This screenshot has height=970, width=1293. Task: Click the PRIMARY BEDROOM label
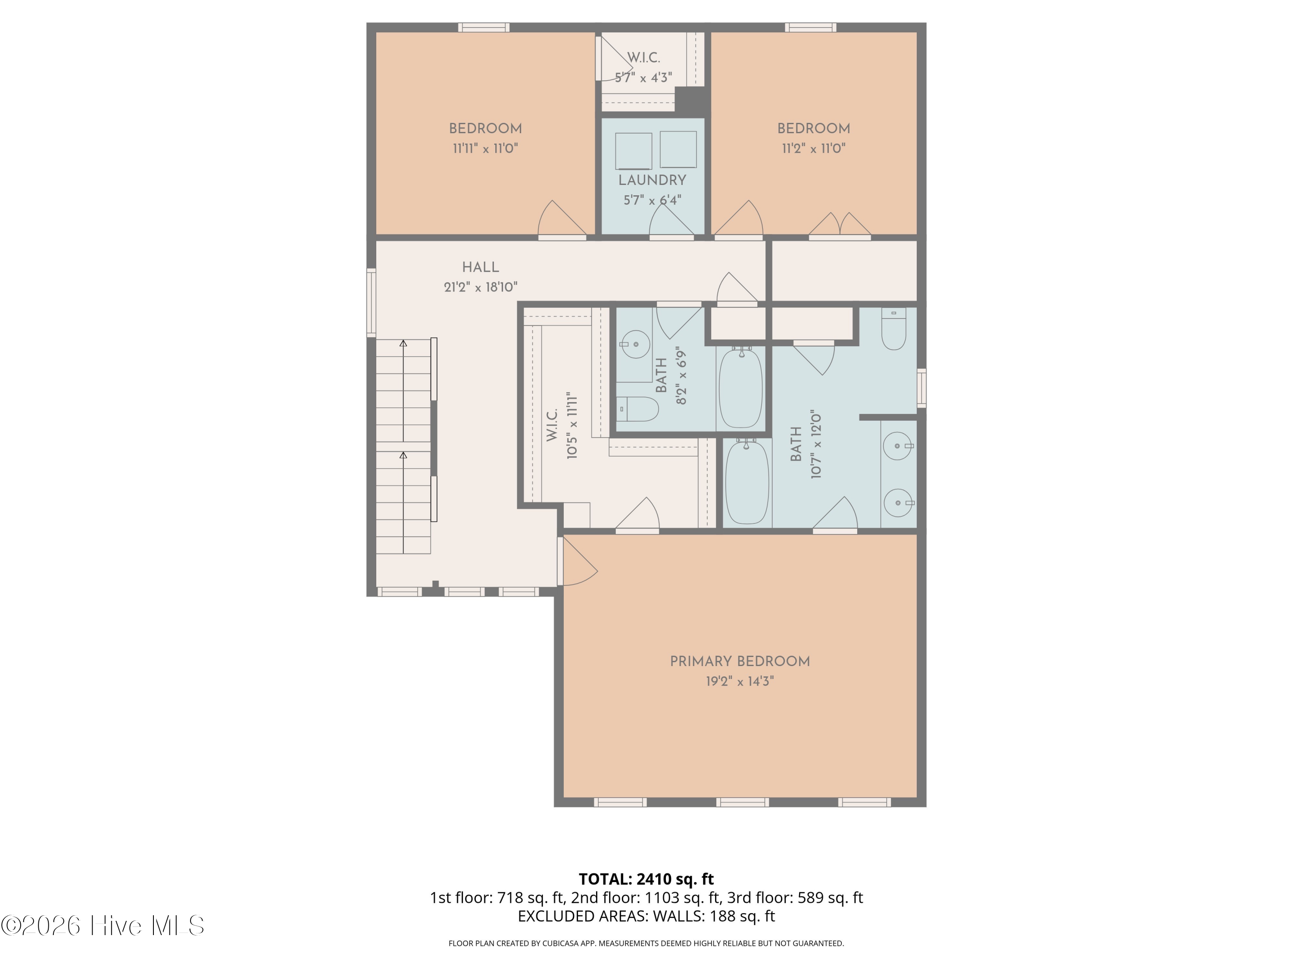[x=740, y=661]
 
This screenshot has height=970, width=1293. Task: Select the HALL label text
[x=481, y=267]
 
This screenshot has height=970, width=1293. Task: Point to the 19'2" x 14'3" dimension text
[x=740, y=681]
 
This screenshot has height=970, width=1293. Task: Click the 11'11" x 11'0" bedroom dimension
[x=485, y=148]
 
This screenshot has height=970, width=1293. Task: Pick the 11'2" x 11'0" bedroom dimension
[x=814, y=148]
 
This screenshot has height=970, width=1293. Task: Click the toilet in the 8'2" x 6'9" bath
[x=638, y=409]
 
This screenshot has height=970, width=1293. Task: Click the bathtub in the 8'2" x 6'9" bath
[x=740, y=387]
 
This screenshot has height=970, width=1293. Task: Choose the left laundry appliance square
[x=634, y=151]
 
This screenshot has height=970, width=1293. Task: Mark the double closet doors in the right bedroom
[x=840, y=225]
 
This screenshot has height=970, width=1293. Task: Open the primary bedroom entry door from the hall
[x=578, y=561]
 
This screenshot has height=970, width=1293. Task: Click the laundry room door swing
[x=671, y=220]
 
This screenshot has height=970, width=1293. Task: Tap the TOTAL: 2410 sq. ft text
[x=646, y=879]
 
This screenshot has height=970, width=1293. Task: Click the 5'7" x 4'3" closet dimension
[x=643, y=78]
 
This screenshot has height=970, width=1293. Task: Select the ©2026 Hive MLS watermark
[x=103, y=925]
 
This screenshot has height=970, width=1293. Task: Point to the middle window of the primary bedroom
[x=742, y=802]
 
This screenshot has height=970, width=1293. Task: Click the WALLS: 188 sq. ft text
[x=714, y=916]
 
